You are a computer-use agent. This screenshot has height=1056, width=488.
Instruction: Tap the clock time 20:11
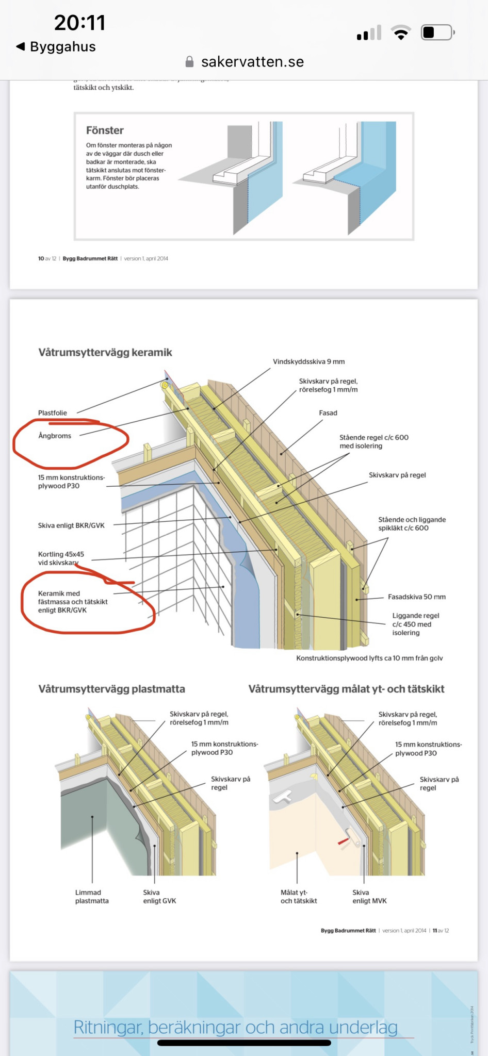click(80, 23)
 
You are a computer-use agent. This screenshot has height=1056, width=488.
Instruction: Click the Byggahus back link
click(57, 47)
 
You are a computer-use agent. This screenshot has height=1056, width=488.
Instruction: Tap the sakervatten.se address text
click(252, 62)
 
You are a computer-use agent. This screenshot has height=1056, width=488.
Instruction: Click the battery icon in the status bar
click(437, 33)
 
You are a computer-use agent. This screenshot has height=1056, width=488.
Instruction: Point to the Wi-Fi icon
click(401, 33)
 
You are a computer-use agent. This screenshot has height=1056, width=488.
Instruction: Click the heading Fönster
click(105, 130)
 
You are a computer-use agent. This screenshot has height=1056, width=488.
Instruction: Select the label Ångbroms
click(55, 436)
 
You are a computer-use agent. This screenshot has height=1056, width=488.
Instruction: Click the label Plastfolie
click(53, 413)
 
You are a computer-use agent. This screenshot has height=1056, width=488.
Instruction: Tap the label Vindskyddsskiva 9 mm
click(308, 361)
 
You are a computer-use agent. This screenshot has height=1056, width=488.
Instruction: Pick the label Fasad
click(328, 413)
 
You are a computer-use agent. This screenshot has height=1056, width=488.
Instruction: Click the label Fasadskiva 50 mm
click(416, 597)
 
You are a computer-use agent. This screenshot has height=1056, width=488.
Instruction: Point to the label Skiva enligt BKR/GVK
click(71, 525)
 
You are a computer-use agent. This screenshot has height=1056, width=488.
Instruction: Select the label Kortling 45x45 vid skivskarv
click(61, 558)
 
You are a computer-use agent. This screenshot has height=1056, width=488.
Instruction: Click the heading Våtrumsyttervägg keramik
click(105, 353)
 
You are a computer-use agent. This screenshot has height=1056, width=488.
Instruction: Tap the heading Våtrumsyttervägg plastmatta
click(111, 689)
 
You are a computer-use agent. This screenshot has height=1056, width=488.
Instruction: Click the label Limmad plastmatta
click(92, 897)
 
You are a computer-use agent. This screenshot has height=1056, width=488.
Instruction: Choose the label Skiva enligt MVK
click(369, 897)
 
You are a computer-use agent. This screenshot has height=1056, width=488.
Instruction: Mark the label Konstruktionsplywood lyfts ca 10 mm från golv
click(369, 658)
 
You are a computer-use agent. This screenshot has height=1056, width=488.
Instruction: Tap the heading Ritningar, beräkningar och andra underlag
click(235, 1027)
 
